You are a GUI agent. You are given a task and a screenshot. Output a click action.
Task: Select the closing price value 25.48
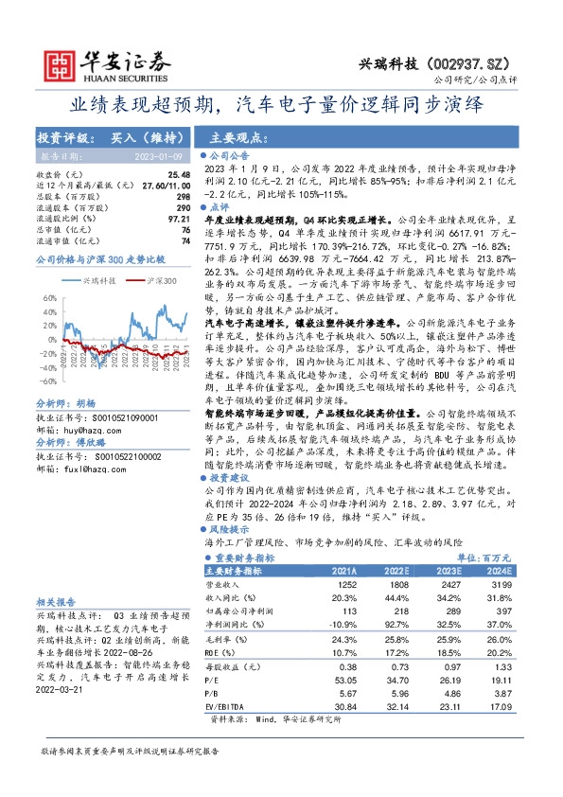[x=178, y=175]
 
